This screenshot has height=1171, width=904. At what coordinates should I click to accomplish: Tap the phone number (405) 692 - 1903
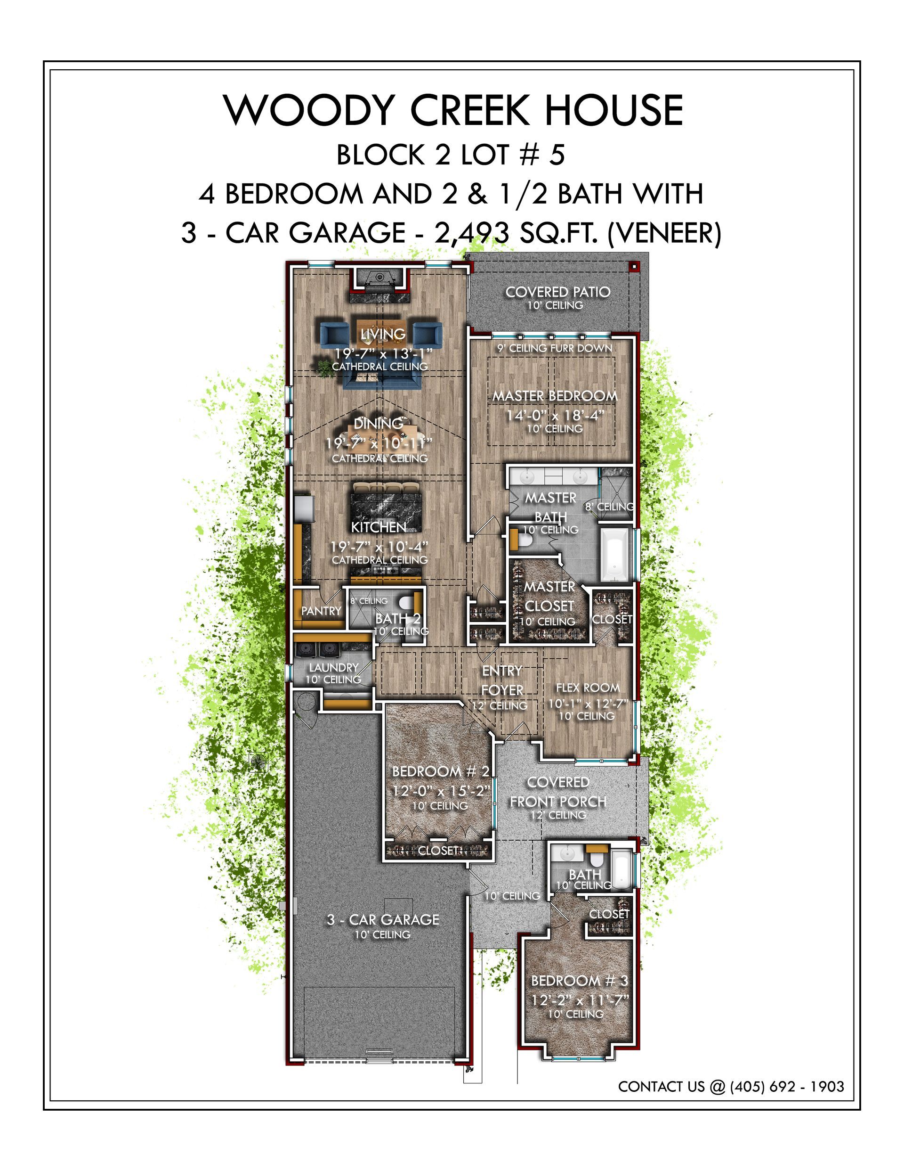(787, 1086)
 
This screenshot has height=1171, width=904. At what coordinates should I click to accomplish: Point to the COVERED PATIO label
(558, 292)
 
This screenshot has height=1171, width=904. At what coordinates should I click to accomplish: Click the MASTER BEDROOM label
(555, 396)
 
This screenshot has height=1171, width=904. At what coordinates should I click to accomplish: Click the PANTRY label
(321, 611)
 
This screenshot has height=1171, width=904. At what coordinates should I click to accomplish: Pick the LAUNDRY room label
(333, 668)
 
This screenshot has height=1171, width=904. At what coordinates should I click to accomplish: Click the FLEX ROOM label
(588, 688)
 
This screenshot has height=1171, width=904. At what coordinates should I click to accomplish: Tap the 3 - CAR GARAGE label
(383, 919)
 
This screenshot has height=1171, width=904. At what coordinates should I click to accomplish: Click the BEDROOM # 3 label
(579, 981)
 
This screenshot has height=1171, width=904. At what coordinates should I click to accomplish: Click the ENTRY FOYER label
(502, 680)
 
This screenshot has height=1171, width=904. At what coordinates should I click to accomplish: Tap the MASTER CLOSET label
(549, 596)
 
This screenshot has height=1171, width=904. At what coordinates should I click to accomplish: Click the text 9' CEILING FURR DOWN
(555, 348)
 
